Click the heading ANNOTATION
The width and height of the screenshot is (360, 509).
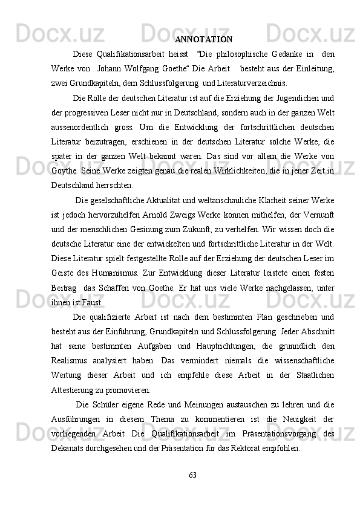click(x=203, y=40)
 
